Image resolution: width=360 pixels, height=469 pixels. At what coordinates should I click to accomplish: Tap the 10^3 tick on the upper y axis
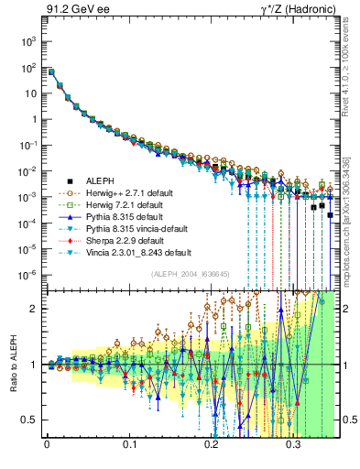click(30, 42)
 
